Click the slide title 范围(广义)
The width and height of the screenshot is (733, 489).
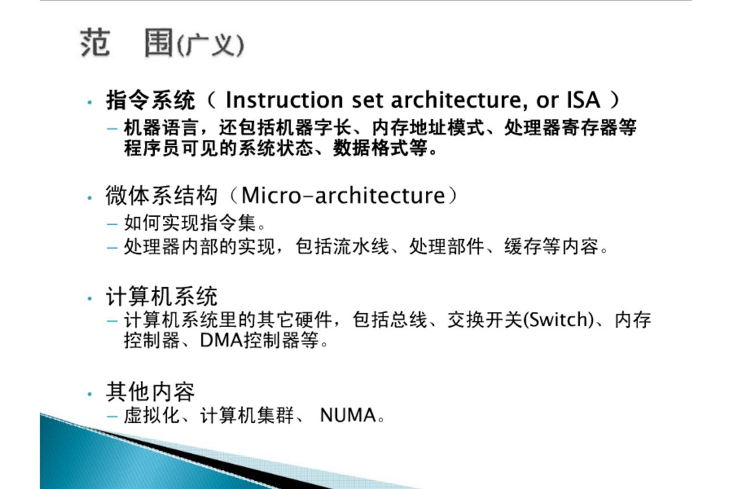[x=162, y=43]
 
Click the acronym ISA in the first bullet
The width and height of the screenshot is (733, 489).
[x=583, y=100]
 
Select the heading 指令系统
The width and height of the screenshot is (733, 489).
[x=151, y=100]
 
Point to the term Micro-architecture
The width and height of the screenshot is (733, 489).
[x=343, y=196]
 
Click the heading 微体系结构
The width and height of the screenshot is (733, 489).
[x=161, y=196]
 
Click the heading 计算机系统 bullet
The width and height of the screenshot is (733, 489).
[x=161, y=296]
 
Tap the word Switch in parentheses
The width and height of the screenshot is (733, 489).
[x=558, y=320]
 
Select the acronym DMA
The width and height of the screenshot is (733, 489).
[x=222, y=341]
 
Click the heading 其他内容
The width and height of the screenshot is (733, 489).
[x=150, y=392]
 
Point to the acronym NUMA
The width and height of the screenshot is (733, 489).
[x=348, y=415]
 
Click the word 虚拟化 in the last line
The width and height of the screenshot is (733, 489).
[x=152, y=415]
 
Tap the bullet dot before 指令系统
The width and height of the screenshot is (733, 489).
[x=90, y=102]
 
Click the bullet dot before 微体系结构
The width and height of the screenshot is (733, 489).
[x=90, y=198]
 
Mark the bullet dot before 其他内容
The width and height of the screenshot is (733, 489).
[x=90, y=394]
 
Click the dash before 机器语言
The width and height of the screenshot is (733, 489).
[x=112, y=129]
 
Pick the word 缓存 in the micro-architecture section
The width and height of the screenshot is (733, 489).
[x=522, y=246]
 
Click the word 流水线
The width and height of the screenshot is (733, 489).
[x=361, y=246]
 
